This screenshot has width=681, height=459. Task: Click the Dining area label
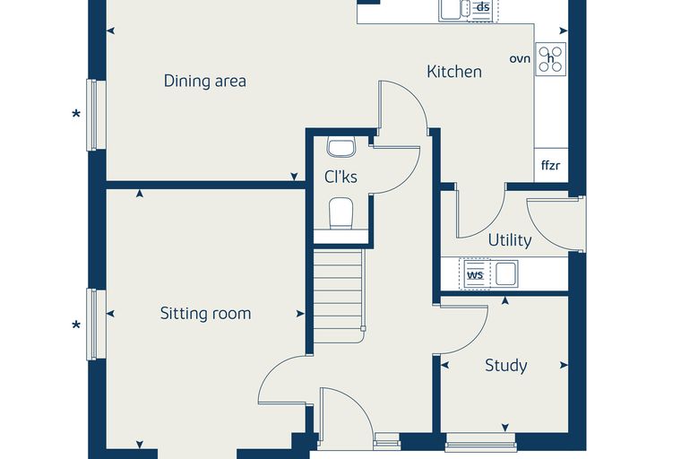point(205,81)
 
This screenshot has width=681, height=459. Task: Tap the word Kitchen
point(454,72)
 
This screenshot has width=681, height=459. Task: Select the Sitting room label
point(205,314)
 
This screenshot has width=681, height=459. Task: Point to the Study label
point(506,365)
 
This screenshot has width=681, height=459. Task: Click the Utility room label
point(510,240)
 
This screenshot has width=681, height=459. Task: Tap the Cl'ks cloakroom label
point(340,177)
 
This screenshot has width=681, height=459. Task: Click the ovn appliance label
point(520,58)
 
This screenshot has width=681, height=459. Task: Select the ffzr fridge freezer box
point(551,165)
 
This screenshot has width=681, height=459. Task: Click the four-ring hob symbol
point(551,58)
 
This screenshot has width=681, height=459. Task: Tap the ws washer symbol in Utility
point(477,273)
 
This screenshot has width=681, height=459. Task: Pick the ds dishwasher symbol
point(482,9)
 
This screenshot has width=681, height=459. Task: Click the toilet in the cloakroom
point(340,212)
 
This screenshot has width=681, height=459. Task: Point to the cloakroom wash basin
point(341,147)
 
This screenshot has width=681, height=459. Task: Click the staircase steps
point(339,296)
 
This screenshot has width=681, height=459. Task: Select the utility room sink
point(505,273)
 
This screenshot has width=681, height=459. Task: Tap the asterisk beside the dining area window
point(76,115)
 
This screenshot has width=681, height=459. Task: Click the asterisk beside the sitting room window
point(76,325)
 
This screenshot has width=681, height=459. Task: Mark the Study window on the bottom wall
point(481,441)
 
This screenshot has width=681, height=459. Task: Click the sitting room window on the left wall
point(96,325)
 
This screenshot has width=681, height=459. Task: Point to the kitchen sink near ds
point(454,10)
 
